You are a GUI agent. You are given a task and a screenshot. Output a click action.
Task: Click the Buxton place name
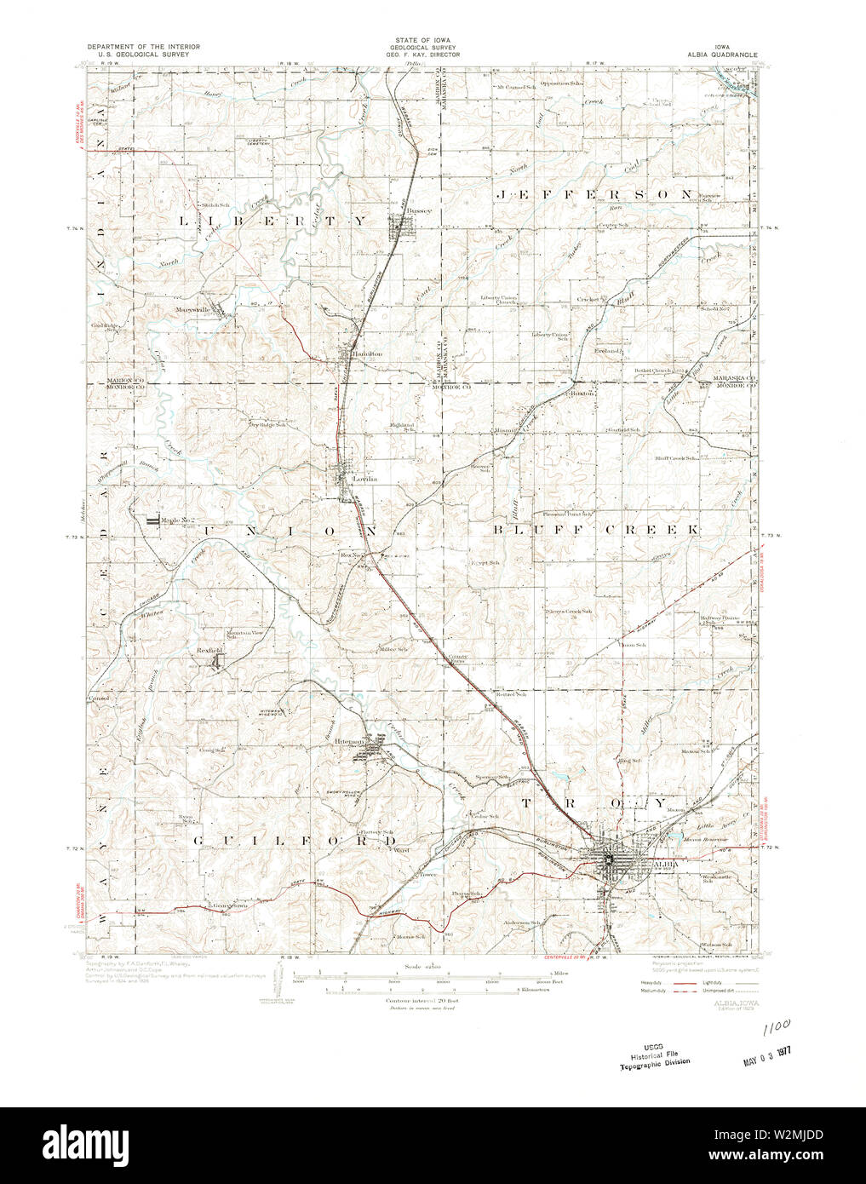pos(582,394)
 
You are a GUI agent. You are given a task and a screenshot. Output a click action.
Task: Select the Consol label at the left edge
pos(99,698)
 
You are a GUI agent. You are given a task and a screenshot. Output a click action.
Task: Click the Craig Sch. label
pos(212,750)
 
